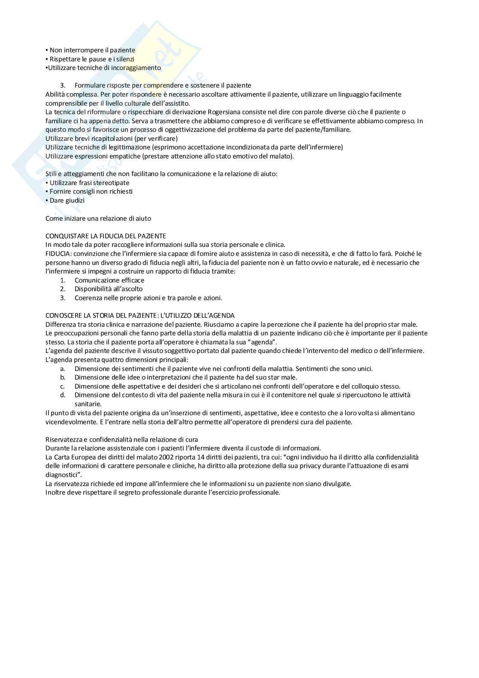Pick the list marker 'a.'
63,368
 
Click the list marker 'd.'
63,395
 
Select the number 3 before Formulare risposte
63,85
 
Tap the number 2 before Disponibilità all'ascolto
63,289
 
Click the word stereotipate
111,183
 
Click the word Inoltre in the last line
56,493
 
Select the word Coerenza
88,298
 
